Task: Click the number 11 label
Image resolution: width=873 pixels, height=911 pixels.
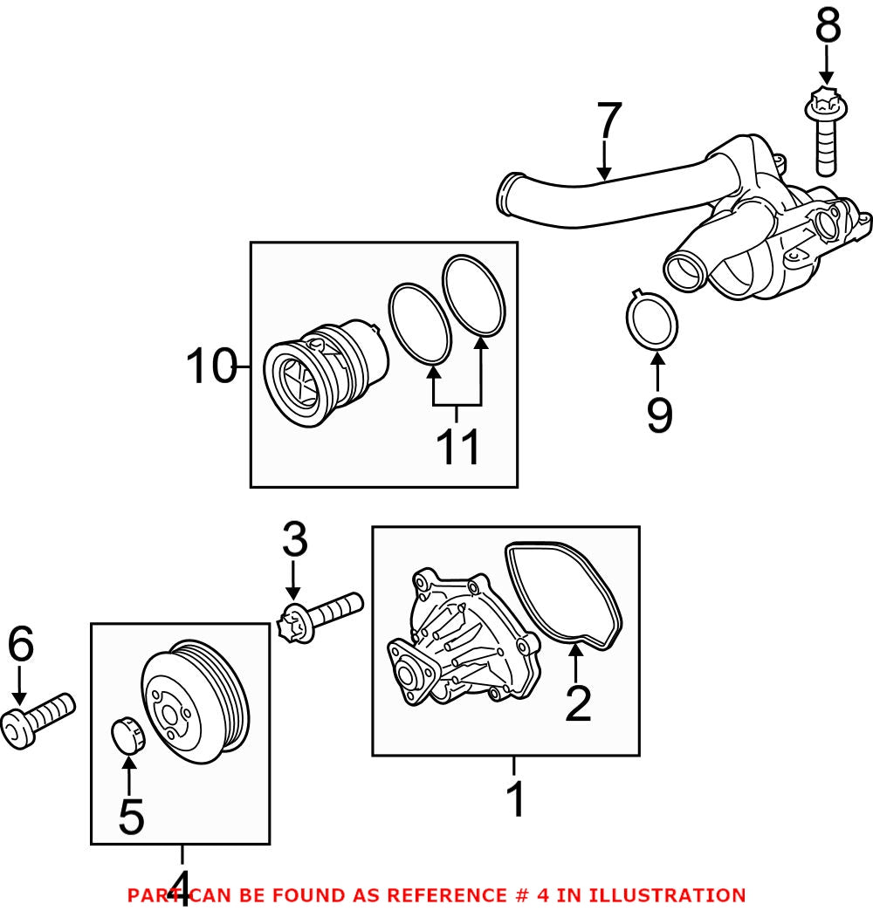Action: [x=458, y=446]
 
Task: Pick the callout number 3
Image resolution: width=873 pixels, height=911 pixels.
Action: [x=294, y=541]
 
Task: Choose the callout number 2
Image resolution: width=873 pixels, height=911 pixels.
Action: [x=578, y=703]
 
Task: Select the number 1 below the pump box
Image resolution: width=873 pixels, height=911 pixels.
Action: [x=516, y=799]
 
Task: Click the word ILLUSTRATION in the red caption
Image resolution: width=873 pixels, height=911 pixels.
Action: [x=667, y=895]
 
